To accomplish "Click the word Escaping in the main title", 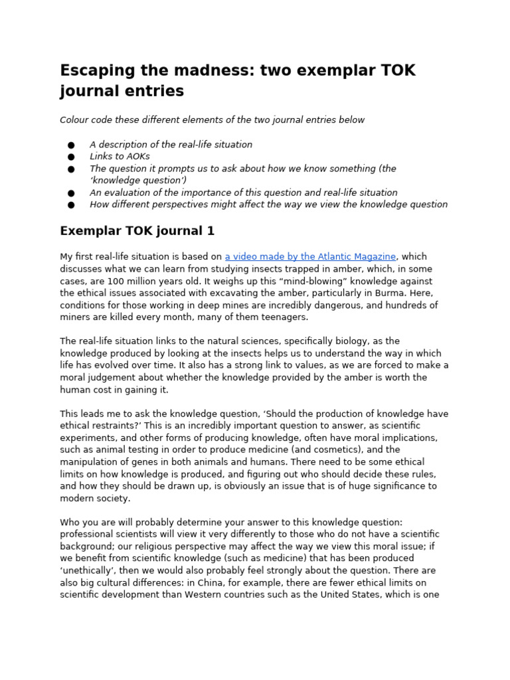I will pyautogui.click(x=96, y=70).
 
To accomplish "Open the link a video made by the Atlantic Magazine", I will pyautogui.click(x=310, y=256).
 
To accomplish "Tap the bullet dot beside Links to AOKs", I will pyautogui.click(x=71, y=157).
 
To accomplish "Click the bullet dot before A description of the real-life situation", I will pyautogui.click(x=71, y=145).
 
